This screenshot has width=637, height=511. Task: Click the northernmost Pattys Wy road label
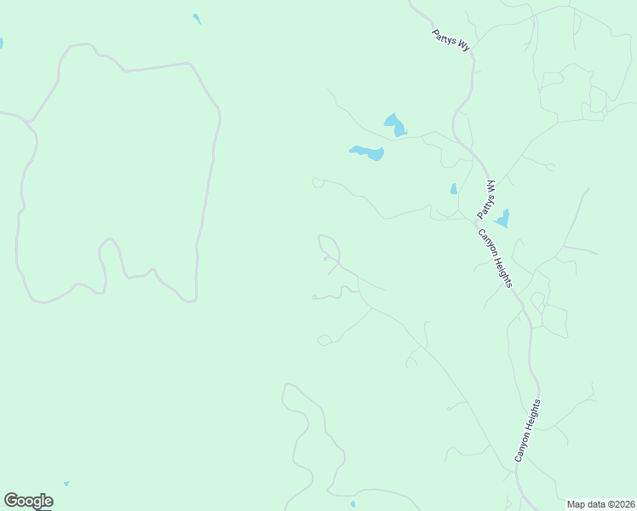coord(450,40)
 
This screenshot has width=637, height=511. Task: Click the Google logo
coord(28,501)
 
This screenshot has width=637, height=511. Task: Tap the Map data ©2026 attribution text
coord(600,504)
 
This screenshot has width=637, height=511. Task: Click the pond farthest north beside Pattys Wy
coord(394,125)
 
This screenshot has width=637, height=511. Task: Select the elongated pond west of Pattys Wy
coord(367,152)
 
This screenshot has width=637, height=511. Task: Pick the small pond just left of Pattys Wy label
coord(454,189)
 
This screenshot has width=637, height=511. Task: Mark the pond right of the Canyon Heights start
coord(503,219)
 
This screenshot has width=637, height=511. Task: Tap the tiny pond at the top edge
coord(197,18)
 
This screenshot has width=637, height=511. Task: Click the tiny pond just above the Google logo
coord(66,484)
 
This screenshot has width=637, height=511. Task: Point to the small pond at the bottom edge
coord(353,504)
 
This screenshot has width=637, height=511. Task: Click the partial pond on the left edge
coord(1,43)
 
